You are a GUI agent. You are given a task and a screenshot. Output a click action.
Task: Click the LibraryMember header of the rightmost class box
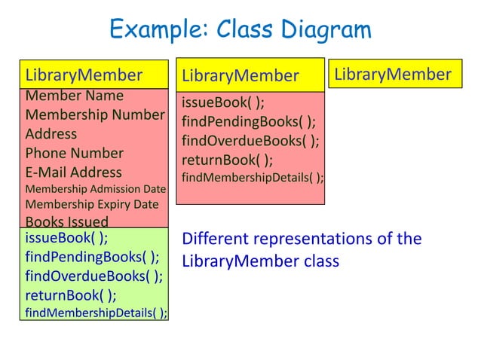pos(393,75)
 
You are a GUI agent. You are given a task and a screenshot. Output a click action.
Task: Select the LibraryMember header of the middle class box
pos(240,75)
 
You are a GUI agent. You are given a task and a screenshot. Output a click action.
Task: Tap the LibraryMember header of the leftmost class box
pos(84,75)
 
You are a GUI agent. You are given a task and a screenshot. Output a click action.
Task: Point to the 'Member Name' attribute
pos(75,96)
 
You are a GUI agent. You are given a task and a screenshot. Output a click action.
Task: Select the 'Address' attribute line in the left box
pos(51,134)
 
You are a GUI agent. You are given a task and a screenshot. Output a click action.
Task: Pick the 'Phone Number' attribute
pos(75,153)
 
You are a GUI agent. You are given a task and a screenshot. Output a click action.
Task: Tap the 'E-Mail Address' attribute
pos(74,172)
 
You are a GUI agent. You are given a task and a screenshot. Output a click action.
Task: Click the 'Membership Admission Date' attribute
pos(96,189)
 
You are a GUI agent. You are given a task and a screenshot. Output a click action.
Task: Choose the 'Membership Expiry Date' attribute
pos(92,205)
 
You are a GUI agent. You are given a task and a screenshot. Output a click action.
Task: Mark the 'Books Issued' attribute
pos(67,221)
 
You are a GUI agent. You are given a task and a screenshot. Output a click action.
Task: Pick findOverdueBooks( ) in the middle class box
pos(250,141)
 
